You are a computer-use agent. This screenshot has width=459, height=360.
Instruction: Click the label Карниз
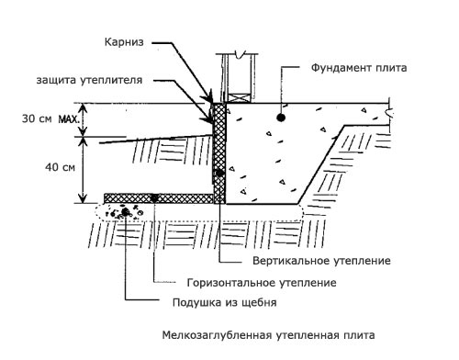[x=124, y=42]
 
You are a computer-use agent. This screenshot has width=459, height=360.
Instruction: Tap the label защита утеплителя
[x=89, y=80]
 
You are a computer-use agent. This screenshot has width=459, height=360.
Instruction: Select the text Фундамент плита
[x=359, y=68]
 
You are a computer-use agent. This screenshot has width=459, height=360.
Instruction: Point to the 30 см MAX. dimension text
[x=50, y=118]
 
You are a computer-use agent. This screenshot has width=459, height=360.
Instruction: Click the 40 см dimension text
[x=60, y=167]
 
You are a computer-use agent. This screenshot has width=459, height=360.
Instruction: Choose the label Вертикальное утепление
[x=321, y=261]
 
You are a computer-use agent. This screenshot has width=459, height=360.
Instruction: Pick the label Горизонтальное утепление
[x=262, y=282]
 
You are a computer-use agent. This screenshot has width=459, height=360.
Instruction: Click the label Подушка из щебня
[x=225, y=302]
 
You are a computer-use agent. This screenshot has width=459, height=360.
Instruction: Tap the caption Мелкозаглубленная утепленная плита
[x=268, y=335]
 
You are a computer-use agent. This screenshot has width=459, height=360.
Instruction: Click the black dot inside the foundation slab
[x=281, y=117]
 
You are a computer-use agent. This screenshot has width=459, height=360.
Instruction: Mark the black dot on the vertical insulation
[x=219, y=174]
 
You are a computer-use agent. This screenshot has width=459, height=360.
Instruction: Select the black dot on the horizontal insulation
[x=154, y=198]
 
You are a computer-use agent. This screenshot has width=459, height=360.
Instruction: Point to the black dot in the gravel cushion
[x=125, y=211]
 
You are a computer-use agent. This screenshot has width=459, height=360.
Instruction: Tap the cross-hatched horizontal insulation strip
[x=159, y=198]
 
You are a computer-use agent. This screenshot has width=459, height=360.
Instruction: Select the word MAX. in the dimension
[x=69, y=118]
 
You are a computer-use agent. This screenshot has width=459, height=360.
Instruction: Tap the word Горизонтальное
[x=229, y=282]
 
